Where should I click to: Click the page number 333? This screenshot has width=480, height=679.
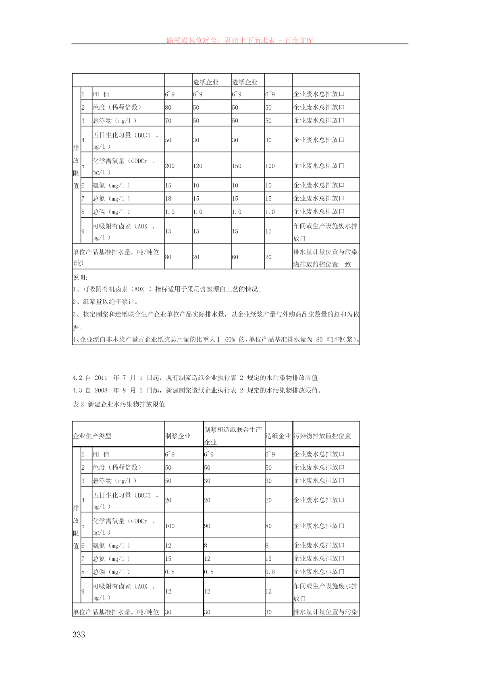[x=79, y=635]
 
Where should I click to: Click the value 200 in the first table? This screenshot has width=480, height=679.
[x=170, y=166]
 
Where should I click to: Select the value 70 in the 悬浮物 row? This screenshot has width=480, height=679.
[x=168, y=121]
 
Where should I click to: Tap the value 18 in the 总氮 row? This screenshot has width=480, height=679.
[x=168, y=198]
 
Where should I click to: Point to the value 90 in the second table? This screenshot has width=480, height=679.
[x=207, y=526]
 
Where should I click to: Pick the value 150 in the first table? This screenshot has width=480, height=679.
[x=237, y=166]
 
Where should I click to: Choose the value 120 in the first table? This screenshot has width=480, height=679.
[x=197, y=166]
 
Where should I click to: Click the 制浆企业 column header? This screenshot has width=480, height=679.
[x=178, y=436]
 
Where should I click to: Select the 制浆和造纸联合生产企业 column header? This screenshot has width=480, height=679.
[x=233, y=435]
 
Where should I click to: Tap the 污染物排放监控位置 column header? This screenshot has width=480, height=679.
[x=322, y=436]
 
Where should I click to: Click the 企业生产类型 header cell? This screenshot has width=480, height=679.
[x=92, y=436]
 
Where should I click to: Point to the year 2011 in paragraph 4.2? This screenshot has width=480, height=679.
[x=101, y=378]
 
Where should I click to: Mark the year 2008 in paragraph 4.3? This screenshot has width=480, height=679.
[x=101, y=390]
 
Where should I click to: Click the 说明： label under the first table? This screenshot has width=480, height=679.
[x=81, y=277]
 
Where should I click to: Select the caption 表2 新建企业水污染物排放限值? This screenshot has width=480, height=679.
[x=119, y=404]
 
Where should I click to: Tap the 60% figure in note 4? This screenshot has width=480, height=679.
[x=230, y=339]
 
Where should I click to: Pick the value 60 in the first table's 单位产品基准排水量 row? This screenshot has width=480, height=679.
[x=235, y=257]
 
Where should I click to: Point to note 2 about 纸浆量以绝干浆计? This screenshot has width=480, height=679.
[x=106, y=302]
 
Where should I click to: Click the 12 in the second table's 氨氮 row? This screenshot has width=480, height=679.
[x=168, y=546]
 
